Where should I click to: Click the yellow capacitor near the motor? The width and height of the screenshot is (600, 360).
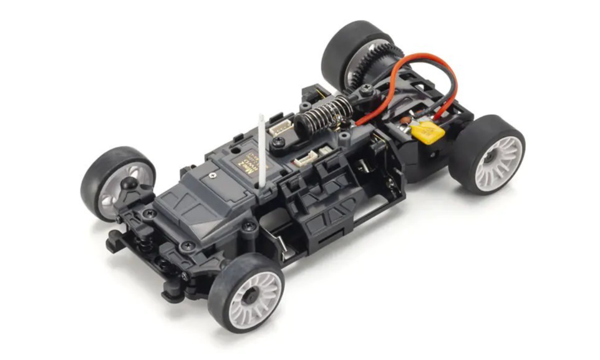click(x=428, y=132)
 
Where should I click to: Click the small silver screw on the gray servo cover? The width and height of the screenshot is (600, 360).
click(x=213, y=176)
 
